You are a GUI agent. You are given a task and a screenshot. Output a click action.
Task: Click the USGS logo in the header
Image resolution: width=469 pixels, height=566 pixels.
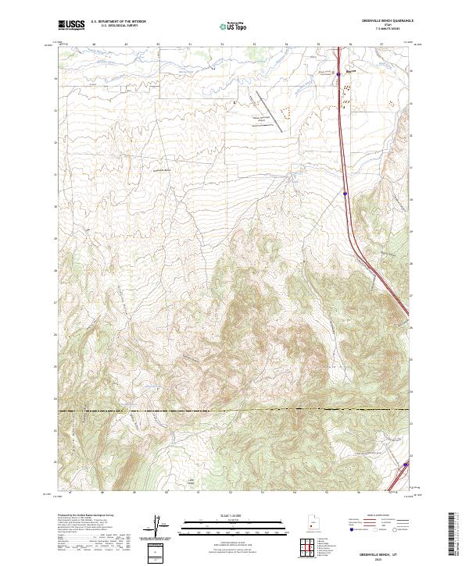coord(70,25)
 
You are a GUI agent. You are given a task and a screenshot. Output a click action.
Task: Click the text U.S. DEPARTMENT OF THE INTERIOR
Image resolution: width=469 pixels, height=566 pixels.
coord(118,22)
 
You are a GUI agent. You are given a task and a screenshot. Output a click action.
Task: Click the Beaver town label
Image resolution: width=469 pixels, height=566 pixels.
coord(351,71)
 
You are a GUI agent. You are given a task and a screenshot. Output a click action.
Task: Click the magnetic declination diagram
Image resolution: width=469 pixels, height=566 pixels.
coord(157,528)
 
